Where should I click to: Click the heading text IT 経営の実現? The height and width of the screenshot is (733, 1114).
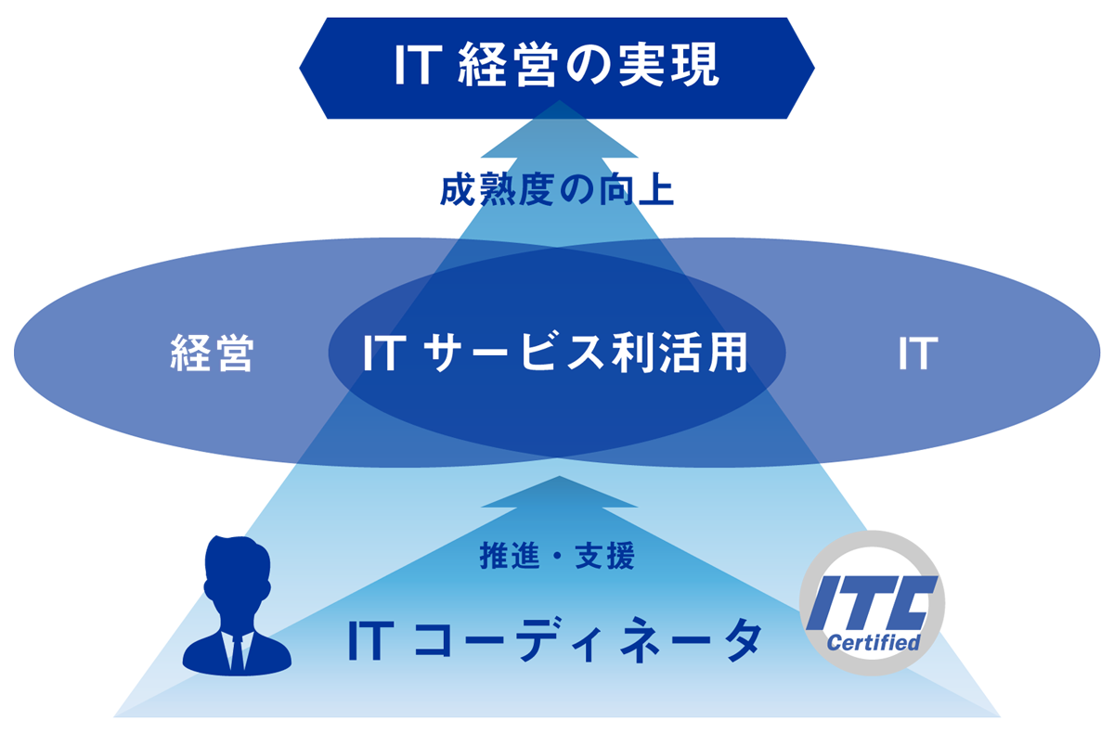(557, 68)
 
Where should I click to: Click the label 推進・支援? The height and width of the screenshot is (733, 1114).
(558, 557)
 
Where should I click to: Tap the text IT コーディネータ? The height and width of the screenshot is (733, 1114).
(555, 640)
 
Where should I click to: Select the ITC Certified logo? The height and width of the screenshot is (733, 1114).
(872, 604)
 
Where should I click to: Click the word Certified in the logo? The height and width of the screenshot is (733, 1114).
(873, 642)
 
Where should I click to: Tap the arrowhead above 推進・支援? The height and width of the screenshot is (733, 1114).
(558, 493)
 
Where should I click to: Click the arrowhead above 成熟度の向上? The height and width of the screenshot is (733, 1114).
(558, 125)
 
